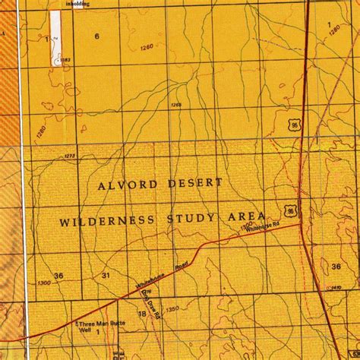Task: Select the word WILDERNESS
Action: (x=108, y=220)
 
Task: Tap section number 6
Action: (x=96, y=36)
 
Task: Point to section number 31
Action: (x=106, y=275)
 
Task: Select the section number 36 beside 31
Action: (x=58, y=275)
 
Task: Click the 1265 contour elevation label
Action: (x=176, y=105)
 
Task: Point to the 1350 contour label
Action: (x=173, y=309)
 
